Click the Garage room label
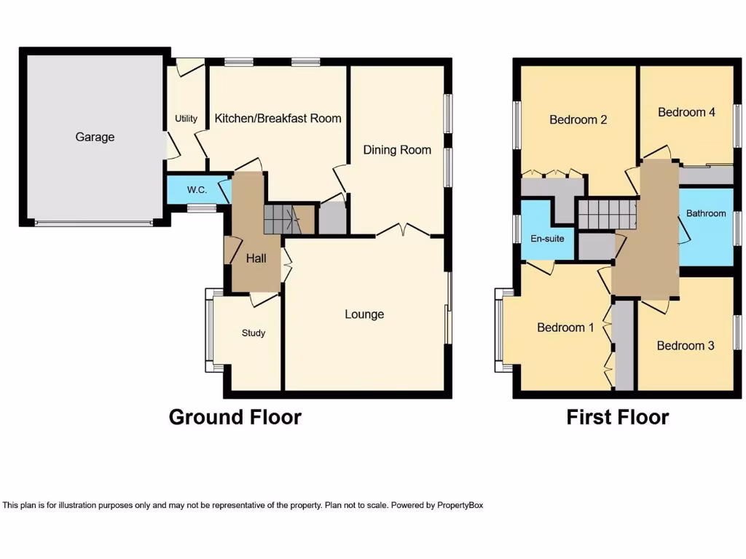click(95, 137)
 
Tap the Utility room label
click(186, 119)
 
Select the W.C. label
click(197, 190)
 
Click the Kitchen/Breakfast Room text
click(278, 118)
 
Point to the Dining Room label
click(397, 150)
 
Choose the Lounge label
click(364, 314)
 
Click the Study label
click(254, 333)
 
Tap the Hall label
click(256, 258)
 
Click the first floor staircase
click(607, 215)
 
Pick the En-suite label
click(547, 238)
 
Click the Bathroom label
click(706, 213)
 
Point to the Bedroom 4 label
click(686, 112)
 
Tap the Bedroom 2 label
click(578, 119)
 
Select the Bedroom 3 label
click(686, 346)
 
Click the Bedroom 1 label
click(565, 328)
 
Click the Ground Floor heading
click(235, 417)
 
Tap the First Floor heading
click(618, 417)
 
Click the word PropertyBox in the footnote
click(455, 504)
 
